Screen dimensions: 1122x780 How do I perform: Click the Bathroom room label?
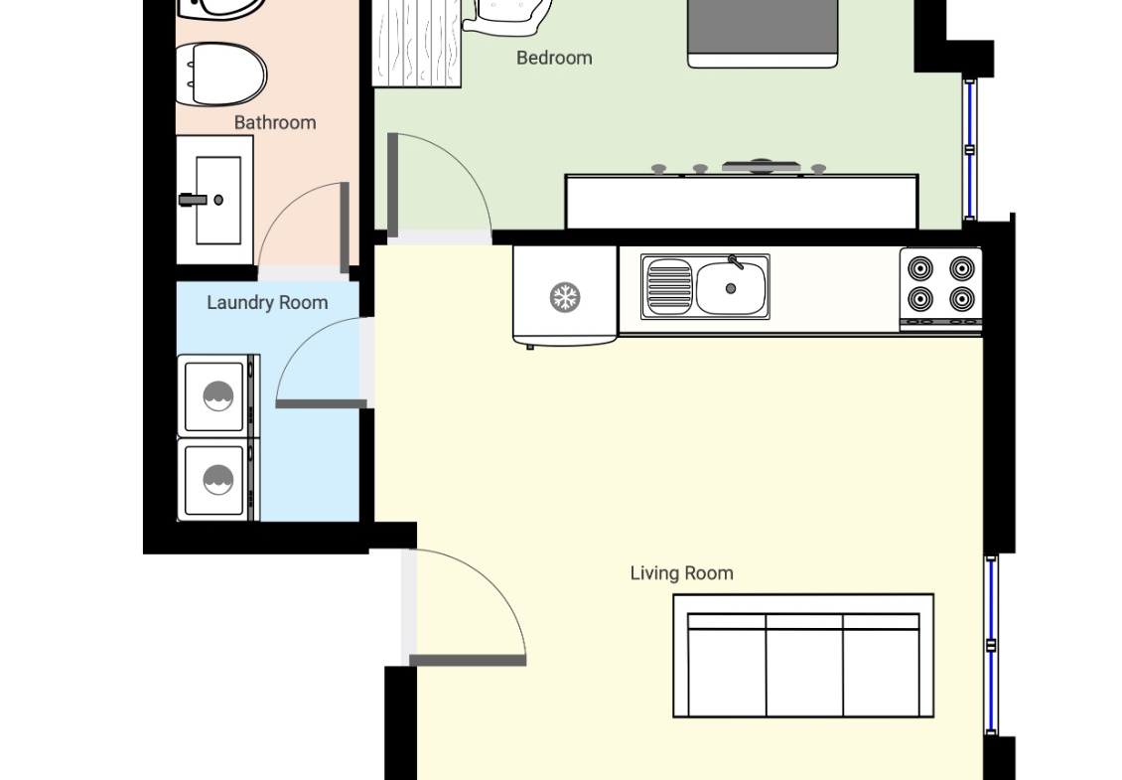[275, 122]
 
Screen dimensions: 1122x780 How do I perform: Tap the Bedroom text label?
[554, 58]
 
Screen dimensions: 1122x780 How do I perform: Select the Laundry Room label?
[267, 303]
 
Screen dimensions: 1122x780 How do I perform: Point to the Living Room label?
[681, 573]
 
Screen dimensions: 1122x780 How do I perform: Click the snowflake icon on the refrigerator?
[565, 297]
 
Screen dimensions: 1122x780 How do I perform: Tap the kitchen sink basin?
[731, 288]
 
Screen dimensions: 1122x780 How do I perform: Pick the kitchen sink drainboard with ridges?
[669, 287]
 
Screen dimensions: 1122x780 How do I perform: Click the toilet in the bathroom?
[220, 74]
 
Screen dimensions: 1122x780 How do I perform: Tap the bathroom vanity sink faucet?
[193, 200]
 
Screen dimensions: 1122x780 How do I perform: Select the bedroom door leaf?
[392, 184]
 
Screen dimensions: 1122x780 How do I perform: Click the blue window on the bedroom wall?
[969, 150]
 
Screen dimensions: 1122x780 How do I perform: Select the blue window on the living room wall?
[991, 645]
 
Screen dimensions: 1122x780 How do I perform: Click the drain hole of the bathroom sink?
[218, 200]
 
